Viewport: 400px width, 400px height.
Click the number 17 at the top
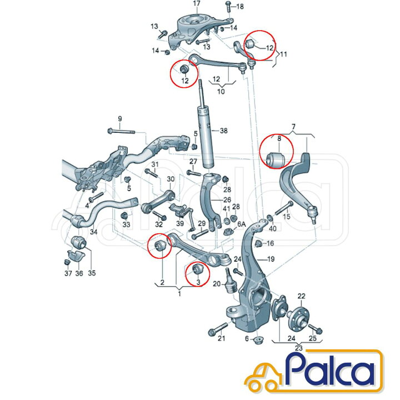click(x=197, y=3)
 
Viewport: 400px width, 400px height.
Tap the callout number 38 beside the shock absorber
click(x=224, y=131)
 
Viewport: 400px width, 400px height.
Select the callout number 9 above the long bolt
click(x=120, y=119)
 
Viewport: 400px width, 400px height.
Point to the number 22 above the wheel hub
click(x=301, y=296)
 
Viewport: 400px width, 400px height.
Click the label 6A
click(x=241, y=224)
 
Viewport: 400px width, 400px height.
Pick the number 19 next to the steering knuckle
click(x=271, y=259)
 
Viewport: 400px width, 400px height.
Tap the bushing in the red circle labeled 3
click(x=197, y=269)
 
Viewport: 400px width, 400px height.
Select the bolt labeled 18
click(x=227, y=7)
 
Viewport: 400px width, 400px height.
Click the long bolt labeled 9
click(x=122, y=131)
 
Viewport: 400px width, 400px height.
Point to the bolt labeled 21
click(x=218, y=329)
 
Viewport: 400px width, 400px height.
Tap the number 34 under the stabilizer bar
click(x=94, y=232)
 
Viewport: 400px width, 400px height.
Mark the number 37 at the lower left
click(x=68, y=273)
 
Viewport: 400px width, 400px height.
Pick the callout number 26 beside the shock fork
click(x=227, y=200)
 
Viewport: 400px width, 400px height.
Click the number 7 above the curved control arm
click(x=294, y=127)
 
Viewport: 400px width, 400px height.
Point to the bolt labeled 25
click(x=316, y=328)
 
